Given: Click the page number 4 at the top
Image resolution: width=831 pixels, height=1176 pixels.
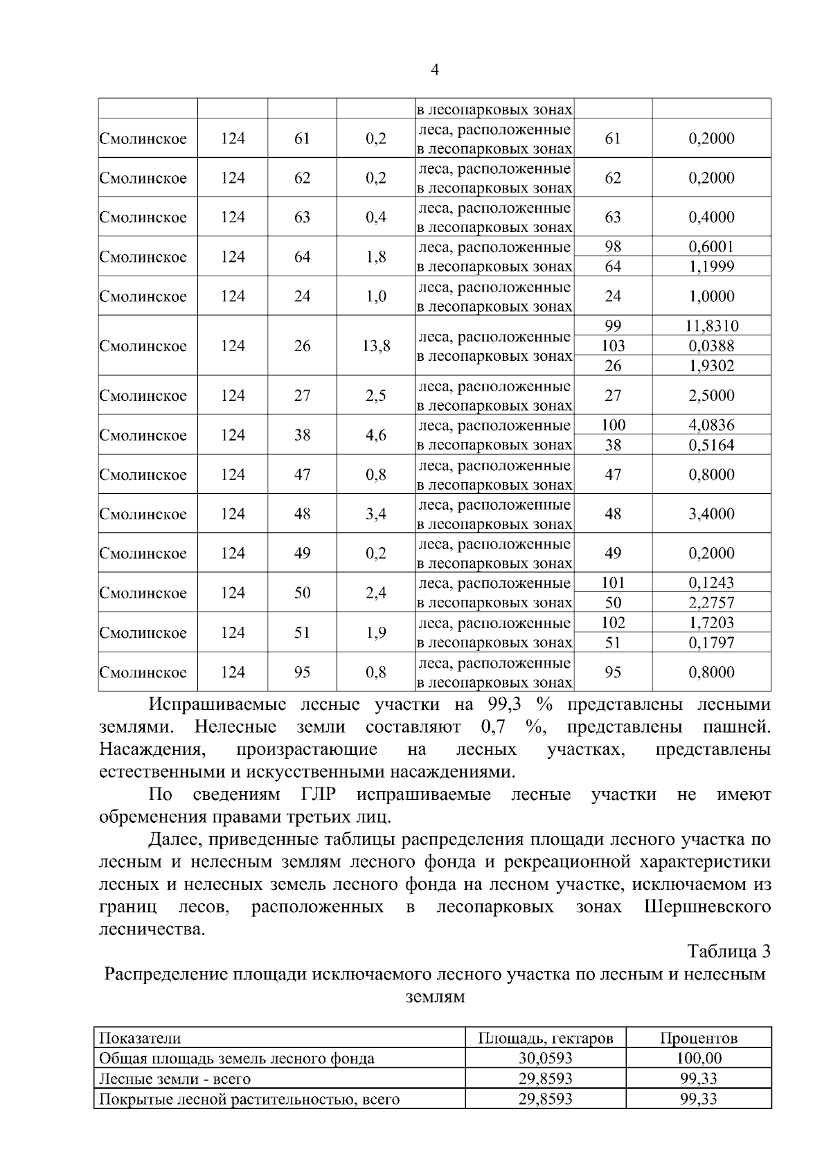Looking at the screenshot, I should pyautogui.click(x=434, y=70).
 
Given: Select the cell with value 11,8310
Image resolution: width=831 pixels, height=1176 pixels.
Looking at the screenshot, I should pyautogui.click(x=712, y=326).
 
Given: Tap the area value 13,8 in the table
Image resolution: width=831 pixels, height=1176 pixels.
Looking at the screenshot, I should pyautogui.click(x=375, y=346).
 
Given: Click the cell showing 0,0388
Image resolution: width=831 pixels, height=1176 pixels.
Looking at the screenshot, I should pyautogui.click(x=712, y=346).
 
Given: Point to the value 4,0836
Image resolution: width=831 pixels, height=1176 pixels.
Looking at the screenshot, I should pyautogui.click(x=712, y=425).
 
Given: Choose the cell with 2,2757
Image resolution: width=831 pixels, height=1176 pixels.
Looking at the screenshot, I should pyautogui.click(x=712, y=603).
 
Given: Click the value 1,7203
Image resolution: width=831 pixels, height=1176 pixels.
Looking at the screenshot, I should pyautogui.click(x=712, y=623).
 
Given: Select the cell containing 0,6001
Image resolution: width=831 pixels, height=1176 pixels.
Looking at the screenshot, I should pyautogui.click(x=712, y=247).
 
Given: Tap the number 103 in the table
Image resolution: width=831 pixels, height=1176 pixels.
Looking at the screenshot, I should pyautogui.click(x=614, y=346).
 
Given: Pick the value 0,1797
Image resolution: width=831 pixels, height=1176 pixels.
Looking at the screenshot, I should pyautogui.click(x=712, y=643).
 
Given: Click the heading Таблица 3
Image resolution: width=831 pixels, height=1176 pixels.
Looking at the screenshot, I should pyautogui.click(x=729, y=951).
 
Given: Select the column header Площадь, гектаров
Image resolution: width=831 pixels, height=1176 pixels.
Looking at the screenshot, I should pyautogui.click(x=546, y=1038).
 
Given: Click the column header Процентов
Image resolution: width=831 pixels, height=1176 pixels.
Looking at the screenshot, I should pyautogui.click(x=699, y=1038).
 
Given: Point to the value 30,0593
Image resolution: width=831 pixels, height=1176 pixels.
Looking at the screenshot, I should pyautogui.click(x=546, y=1058).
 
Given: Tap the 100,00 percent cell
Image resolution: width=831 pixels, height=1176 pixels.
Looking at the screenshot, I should pyautogui.click(x=699, y=1058).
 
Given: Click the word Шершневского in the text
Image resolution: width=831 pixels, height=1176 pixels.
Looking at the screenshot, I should pyautogui.click(x=707, y=907).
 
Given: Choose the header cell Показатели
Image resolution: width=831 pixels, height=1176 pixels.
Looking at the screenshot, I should pyautogui.click(x=141, y=1038).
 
